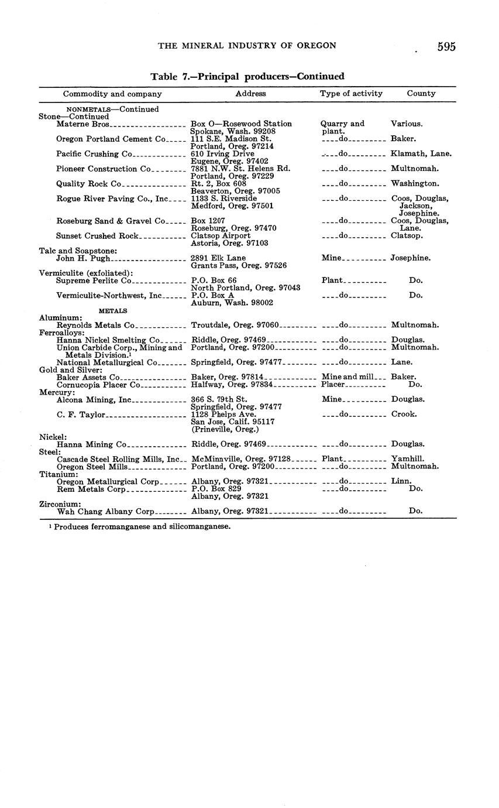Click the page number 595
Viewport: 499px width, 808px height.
446,47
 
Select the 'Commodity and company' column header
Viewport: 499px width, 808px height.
112,94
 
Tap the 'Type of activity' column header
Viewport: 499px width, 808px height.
351,94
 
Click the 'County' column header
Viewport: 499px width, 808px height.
421,94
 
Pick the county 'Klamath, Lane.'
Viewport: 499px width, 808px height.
421,154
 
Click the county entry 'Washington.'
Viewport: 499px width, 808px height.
415,184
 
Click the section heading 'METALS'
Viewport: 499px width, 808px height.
113,310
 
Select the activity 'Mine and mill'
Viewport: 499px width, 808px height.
347,377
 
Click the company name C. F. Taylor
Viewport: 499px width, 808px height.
81,415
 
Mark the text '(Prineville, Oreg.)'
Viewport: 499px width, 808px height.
225,429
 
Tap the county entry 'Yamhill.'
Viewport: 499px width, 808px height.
408,459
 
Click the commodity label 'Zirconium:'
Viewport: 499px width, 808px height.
60,504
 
